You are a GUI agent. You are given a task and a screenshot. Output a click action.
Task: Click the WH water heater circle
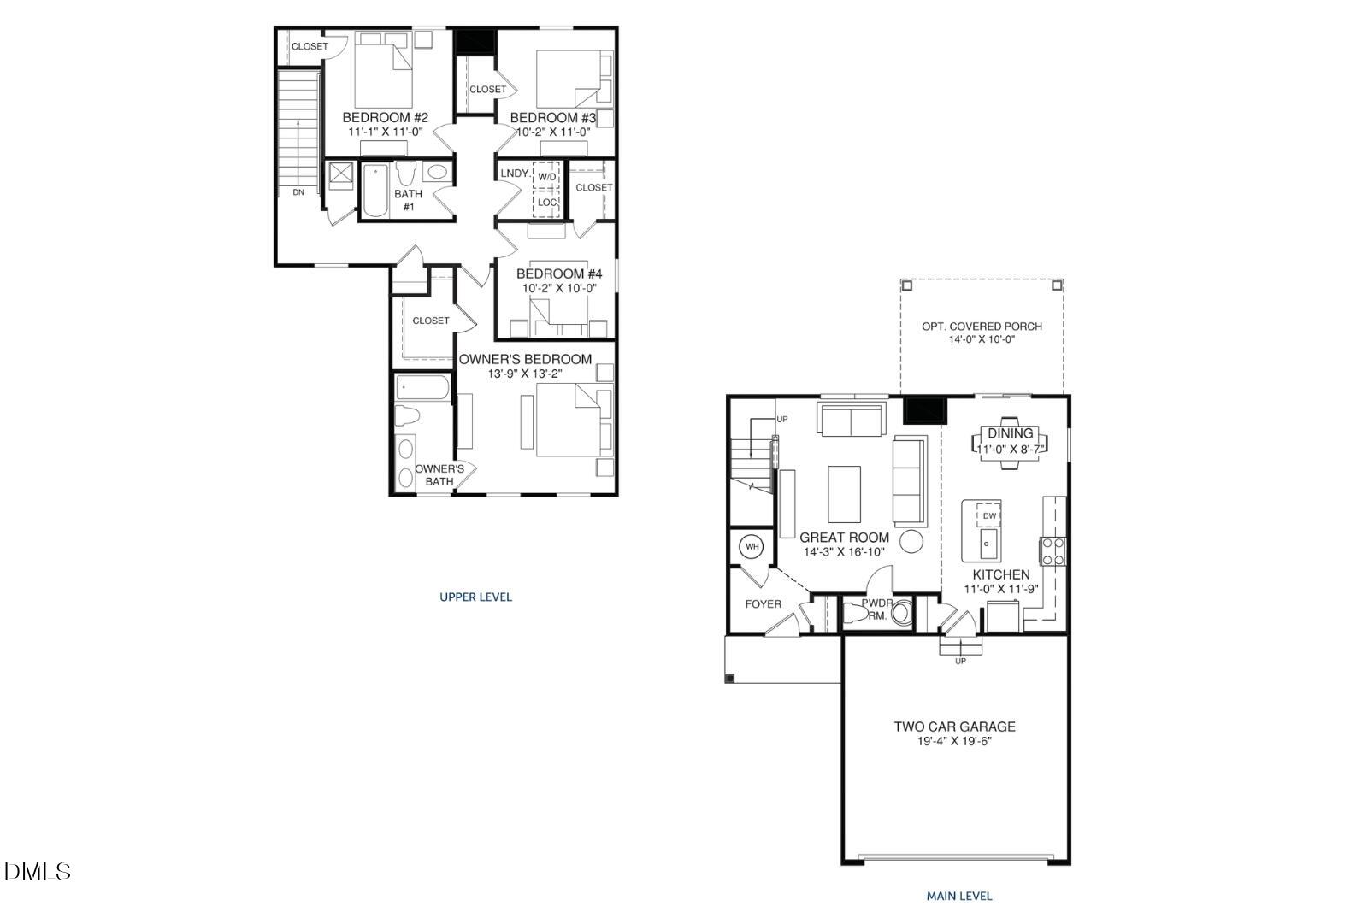pos(752,546)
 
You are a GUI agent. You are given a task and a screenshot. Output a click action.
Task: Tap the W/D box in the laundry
pos(546,176)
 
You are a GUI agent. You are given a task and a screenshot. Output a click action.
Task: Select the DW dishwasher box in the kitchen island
pos(989,516)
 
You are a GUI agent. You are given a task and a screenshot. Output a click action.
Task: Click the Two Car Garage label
pos(954,727)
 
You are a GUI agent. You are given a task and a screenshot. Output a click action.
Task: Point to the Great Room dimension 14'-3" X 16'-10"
pos(844,552)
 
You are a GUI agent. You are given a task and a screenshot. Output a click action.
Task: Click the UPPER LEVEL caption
pos(475,597)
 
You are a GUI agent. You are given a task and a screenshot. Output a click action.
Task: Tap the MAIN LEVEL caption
pos(959,896)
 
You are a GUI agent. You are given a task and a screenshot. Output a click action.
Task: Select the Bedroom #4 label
pos(559,274)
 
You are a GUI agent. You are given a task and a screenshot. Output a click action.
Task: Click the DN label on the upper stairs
pos(298,192)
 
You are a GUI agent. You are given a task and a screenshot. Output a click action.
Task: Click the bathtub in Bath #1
pos(374,191)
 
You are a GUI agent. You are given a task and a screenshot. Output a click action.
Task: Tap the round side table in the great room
pos(912,541)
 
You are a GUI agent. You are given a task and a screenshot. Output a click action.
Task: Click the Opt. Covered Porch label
pos(982,326)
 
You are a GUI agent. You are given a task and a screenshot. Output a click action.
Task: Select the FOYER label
pos(763,604)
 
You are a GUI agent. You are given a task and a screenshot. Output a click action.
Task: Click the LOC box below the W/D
pos(546,203)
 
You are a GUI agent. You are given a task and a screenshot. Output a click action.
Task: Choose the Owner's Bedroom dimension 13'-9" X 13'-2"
pos(525,374)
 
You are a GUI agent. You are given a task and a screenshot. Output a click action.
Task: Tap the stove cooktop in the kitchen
pos(1053,550)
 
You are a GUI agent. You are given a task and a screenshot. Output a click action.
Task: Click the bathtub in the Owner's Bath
pos(422,389)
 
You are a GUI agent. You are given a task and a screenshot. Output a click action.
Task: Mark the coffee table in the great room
pos(844,493)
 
